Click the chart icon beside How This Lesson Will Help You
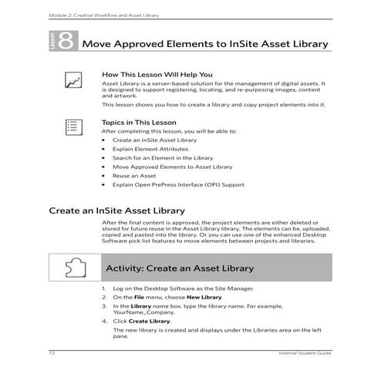(x=73, y=79)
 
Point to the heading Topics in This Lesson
(x=139, y=123)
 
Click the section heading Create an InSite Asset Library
(x=116, y=210)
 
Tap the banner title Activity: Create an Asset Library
(x=179, y=268)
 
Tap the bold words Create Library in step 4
(x=149, y=320)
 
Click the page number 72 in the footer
(x=52, y=352)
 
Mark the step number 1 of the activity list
(x=104, y=288)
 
